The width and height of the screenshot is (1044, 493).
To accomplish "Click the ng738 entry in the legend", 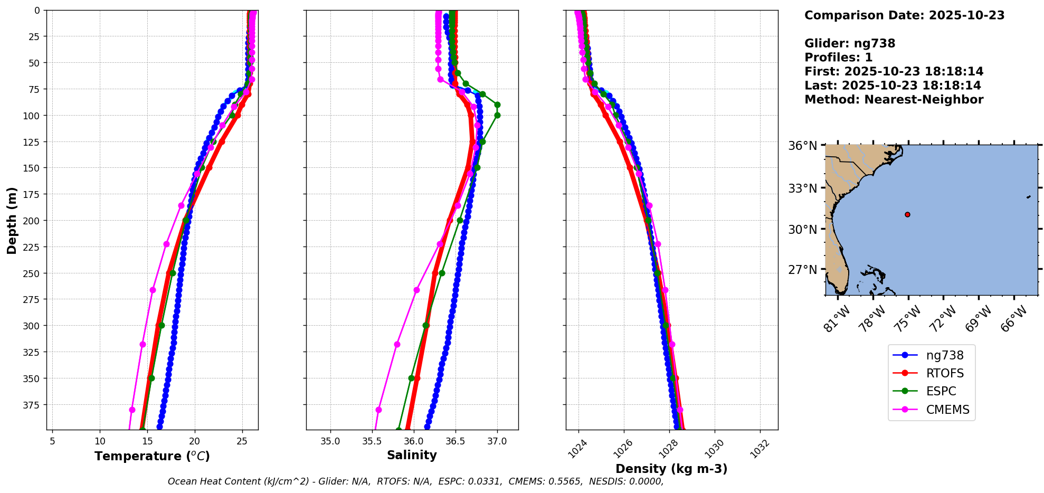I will (x=944, y=356).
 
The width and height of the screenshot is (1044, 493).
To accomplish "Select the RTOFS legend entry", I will (x=944, y=374).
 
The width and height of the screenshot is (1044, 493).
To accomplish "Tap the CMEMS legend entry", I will (x=947, y=410).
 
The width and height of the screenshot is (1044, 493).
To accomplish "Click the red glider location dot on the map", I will (x=907, y=214).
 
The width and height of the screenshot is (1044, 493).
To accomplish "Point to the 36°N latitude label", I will (x=802, y=146).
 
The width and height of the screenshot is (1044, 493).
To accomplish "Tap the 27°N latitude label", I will (x=802, y=270).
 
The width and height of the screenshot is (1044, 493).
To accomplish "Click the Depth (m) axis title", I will (x=12, y=220).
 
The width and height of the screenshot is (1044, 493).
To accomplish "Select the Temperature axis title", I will (x=152, y=456).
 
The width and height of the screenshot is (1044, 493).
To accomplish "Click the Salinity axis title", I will (x=412, y=455).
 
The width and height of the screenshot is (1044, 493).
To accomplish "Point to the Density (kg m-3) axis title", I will (x=671, y=469).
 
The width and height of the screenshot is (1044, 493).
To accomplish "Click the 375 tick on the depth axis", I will (x=32, y=405).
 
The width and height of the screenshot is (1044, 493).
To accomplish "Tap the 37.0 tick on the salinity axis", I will (x=497, y=441).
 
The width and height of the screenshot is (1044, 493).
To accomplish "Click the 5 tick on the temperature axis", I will (x=52, y=441).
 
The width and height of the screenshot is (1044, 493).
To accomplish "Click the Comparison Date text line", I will (x=904, y=15).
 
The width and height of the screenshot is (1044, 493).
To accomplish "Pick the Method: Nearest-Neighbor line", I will (x=894, y=100).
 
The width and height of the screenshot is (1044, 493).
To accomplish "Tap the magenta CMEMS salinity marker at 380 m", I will (x=378, y=410).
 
